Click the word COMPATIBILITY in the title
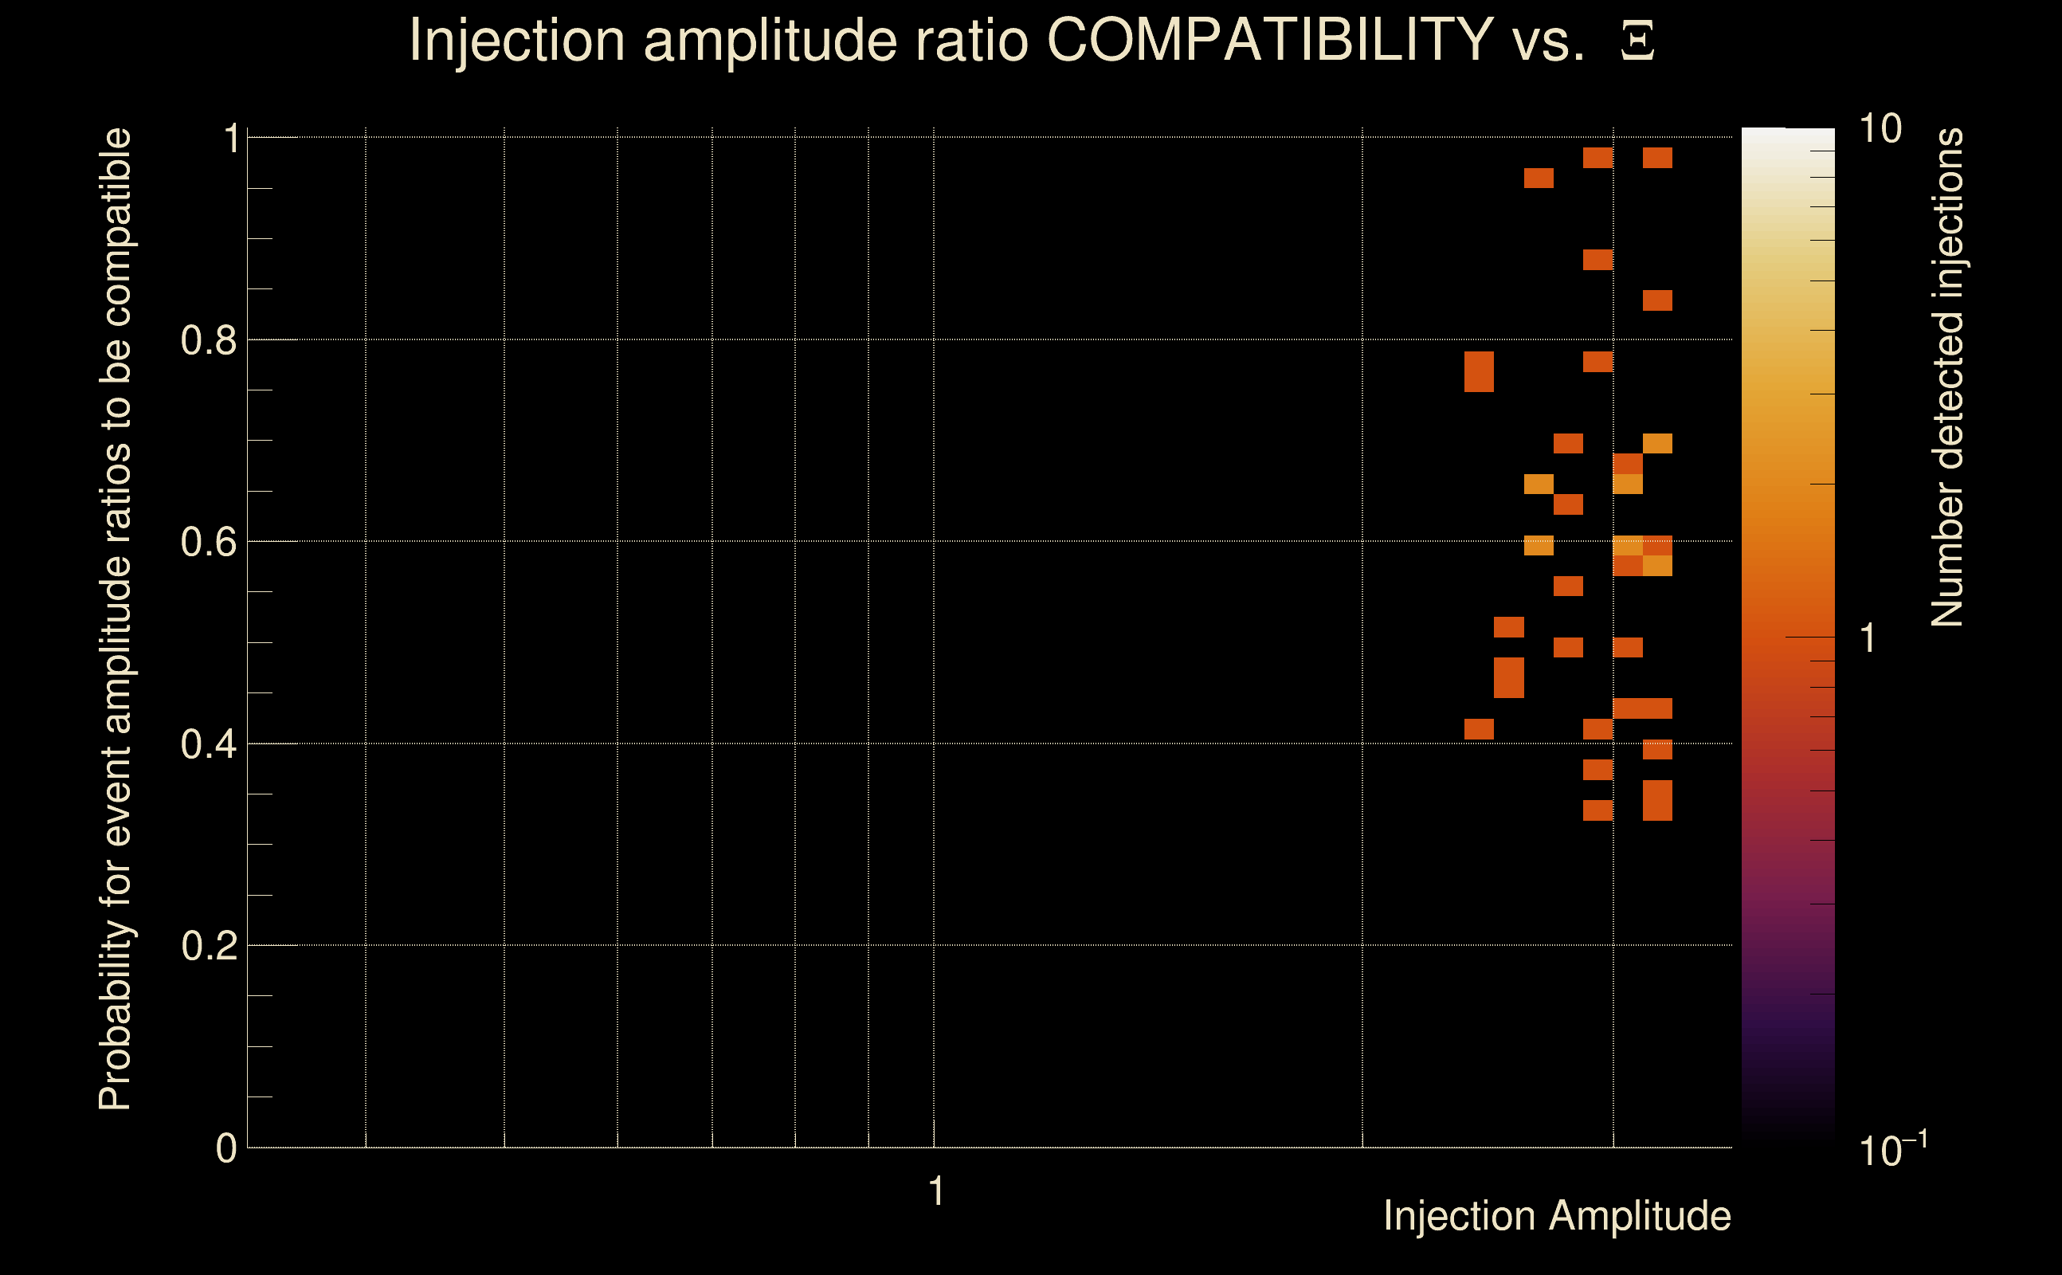pos(1269,40)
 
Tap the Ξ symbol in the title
pos(1637,41)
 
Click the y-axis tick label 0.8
pos(208,341)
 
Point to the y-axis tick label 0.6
pos(208,542)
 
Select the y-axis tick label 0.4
pos(208,744)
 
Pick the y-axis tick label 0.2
pos(208,946)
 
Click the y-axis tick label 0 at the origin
pos(226,1148)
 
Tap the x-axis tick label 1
pos(935,1191)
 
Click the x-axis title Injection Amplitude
pos(1557,1216)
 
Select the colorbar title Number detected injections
pos(1947,377)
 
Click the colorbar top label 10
pos(1880,129)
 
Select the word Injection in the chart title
pos(517,40)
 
